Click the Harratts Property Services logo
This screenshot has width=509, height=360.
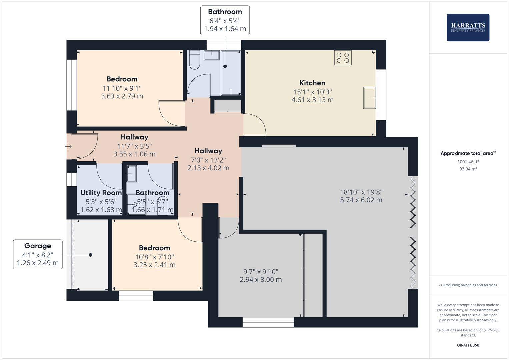click(468, 27)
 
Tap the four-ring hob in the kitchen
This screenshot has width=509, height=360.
click(343, 58)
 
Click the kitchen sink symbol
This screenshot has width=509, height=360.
click(369, 98)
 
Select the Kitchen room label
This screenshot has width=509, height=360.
click(312, 83)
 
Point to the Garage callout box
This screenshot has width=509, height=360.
click(38, 254)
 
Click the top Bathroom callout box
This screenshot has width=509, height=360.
click(225, 20)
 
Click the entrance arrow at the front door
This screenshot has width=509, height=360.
click(69, 146)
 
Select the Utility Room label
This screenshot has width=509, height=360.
click(101, 193)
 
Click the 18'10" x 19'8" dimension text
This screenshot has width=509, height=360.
click(361, 192)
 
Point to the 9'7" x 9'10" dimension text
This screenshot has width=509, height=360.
click(261, 272)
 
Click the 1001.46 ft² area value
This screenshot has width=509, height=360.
click(468, 162)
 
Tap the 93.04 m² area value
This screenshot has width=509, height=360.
click(468, 169)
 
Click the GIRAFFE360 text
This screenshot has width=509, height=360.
click(468, 345)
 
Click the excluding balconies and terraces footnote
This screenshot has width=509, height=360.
click(468, 285)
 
